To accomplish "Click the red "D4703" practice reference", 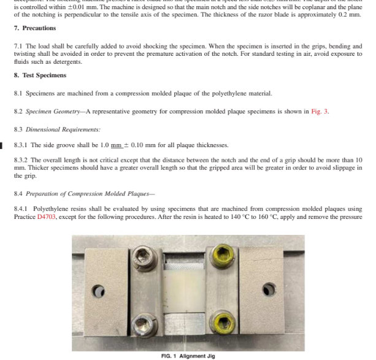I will tap(47, 218).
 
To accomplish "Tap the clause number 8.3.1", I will tap(21, 145).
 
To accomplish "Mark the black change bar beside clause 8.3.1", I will tap(2, 145).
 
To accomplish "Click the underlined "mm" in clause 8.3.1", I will tap(116, 145).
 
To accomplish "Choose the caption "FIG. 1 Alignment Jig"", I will tap(188, 355).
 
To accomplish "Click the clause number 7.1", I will tap(18, 46).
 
